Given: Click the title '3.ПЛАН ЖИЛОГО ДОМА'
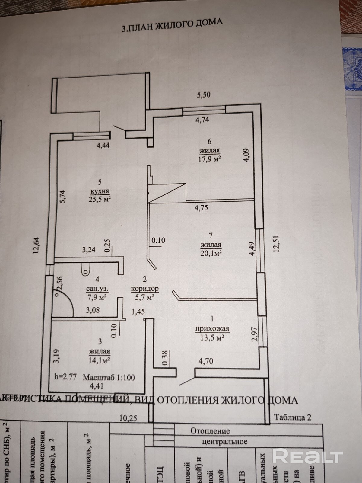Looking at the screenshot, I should [x=172, y=25].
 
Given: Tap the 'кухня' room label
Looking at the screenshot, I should [x=100, y=191].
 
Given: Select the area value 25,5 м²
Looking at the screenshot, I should [x=100, y=199].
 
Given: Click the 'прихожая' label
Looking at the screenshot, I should [x=212, y=329].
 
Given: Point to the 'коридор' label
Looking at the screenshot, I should [x=145, y=289].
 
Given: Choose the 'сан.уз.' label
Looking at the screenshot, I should [x=97, y=289].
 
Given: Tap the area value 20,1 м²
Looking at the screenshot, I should [x=211, y=253].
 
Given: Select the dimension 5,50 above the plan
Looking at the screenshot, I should [x=204, y=95].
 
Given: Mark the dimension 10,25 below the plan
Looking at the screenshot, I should [x=128, y=418].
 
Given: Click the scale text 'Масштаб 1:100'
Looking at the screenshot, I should [x=109, y=377].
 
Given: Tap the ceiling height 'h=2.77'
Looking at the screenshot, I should [x=65, y=377].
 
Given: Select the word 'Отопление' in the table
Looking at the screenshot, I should [x=210, y=431].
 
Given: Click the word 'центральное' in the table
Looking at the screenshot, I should [x=224, y=442].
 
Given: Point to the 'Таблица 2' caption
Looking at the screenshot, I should [x=293, y=417].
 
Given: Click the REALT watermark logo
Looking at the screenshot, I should [x=307, y=456].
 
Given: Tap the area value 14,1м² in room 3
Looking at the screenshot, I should [x=99, y=360].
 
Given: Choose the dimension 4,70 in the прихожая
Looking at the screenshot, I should [x=206, y=361].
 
